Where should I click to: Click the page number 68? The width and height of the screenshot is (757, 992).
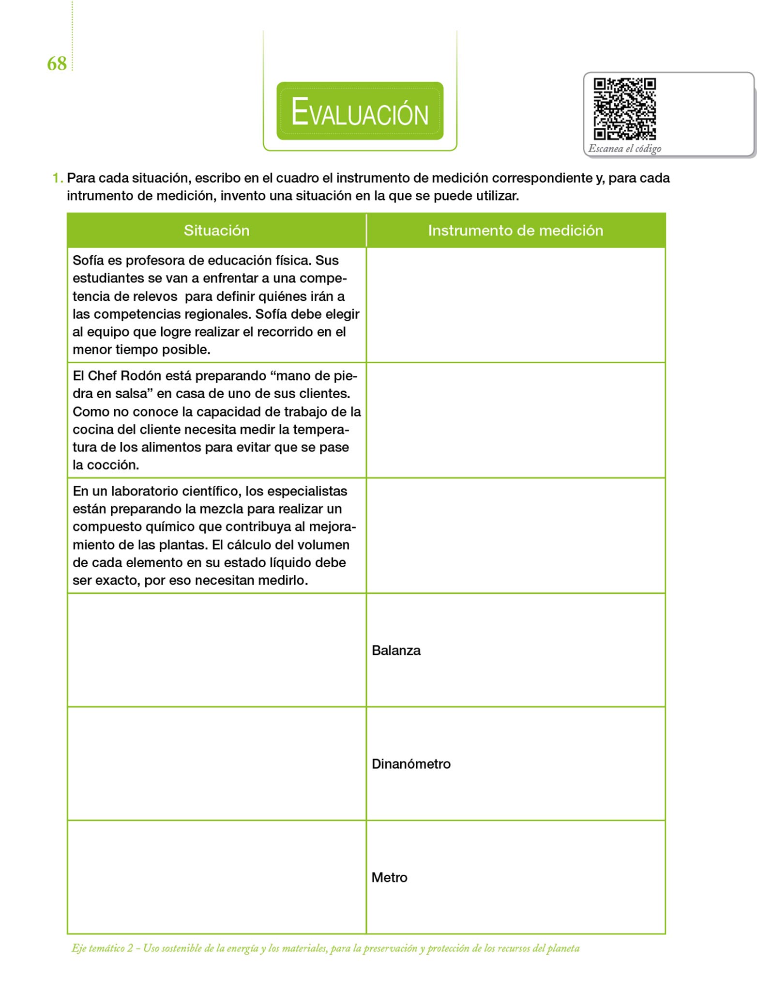(x=57, y=63)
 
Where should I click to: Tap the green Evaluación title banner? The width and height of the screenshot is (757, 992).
(x=360, y=111)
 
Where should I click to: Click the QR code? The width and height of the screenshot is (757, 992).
(x=624, y=109)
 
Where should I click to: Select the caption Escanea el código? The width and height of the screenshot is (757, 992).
(x=624, y=149)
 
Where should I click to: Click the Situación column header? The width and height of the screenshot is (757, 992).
(x=216, y=231)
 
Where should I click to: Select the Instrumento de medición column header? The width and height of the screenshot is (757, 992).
(x=515, y=231)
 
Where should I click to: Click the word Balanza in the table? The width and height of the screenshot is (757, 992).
(x=396, y=651)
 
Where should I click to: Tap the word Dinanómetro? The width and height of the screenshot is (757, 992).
(x=411, y=764)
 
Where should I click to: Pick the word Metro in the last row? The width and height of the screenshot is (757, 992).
(x=389, y=877)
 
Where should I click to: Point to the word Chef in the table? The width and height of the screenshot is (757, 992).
(x=102, y=376)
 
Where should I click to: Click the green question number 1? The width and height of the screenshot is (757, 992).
(x=57, y=178)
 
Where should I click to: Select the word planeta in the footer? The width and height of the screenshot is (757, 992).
(x=563, y=948)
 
